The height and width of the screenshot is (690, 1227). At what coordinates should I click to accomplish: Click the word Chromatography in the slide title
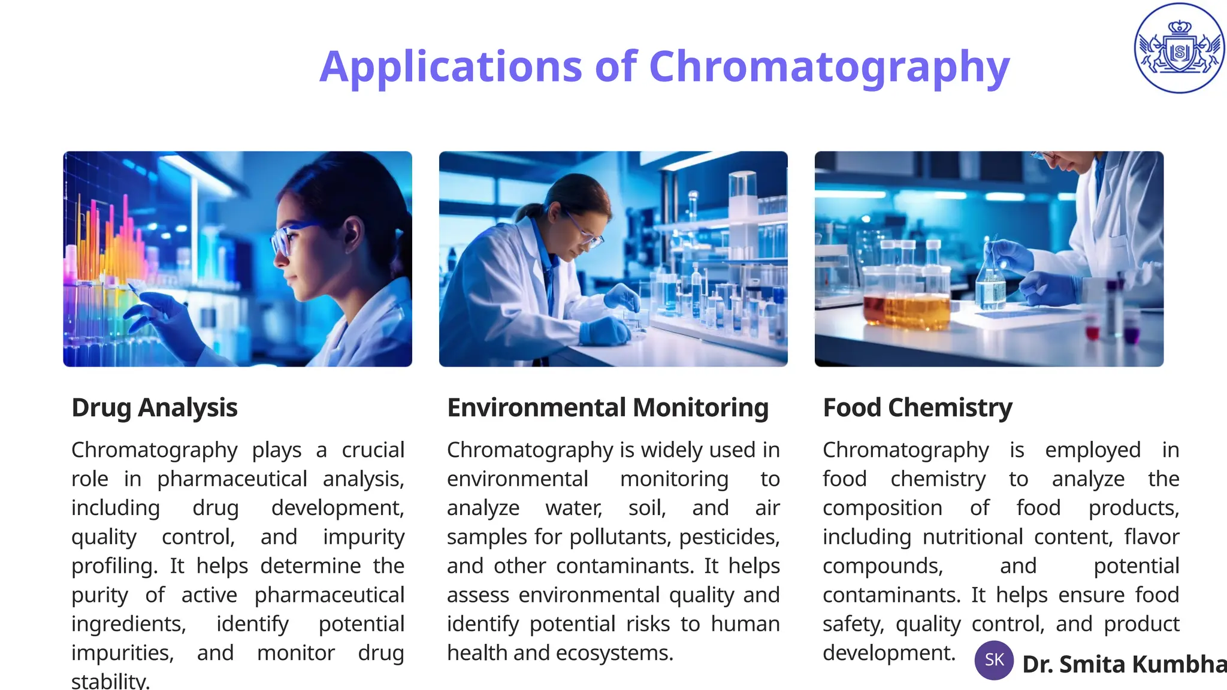pyautogui.click(x=829, y=67)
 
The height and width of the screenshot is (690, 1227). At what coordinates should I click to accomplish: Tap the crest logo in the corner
pyautogui.click(x=1179, y=48)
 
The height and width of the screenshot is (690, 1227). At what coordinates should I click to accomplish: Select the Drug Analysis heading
pyautogui.click(x=155, y=408)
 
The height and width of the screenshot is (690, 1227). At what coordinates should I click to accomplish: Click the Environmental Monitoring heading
pyautogui.click(x=608, y=408)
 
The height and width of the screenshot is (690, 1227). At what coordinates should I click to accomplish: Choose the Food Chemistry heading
pyautogui.click(x=917, y=408)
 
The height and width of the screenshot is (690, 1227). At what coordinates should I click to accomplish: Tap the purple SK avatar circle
pyautogui.click(x=994, y=660)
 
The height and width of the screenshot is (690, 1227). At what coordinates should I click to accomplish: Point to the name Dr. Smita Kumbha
pyautogui.click(x=1124, y=664)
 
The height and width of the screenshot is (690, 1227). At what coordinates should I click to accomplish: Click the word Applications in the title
pyautogui.click(x=451, y=67)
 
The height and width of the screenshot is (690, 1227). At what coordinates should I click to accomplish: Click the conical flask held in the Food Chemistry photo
pyautogui.click(x=991, y=287)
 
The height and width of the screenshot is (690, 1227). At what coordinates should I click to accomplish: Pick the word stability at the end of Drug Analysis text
pyautogui.click(x=110, y=682)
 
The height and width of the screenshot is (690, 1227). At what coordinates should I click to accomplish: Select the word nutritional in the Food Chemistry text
pyautogui.click(x=972, y=537)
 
